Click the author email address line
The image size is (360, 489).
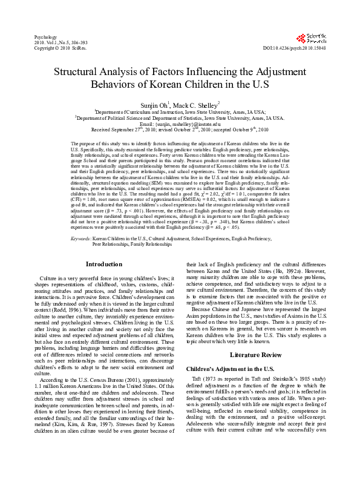(180, 124)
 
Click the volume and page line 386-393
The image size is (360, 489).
(62, 42)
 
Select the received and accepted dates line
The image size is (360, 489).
(180, 130)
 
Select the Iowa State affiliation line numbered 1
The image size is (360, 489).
(180, 112)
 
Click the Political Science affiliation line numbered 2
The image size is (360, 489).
(180, 118)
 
